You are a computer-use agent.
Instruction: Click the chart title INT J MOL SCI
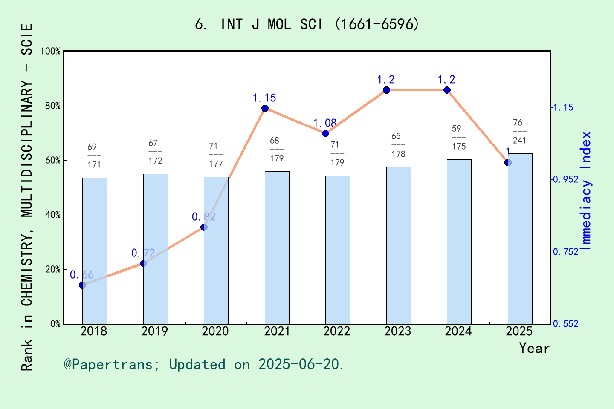coord(307,24)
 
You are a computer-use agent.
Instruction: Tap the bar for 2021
coord(277,248)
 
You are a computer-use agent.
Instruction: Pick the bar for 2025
coord(520,239)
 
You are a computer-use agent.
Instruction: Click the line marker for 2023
coord(386,90)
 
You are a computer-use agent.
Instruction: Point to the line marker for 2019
coord(143,263)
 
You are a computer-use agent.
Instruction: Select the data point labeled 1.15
coord(265,108)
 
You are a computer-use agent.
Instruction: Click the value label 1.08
coord(325,123)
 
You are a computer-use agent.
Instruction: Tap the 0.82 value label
coord(203,217)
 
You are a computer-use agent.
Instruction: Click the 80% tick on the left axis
coord(53,106)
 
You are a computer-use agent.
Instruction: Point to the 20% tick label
coord(53,270)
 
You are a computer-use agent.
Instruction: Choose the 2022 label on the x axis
coord(337,331)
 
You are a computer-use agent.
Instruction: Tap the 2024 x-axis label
coord(458,331)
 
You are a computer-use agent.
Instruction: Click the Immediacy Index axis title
coord(586,191)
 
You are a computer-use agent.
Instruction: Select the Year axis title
coord(534,348)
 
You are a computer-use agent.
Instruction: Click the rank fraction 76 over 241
coord(519,131)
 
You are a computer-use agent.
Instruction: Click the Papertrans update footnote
coord(204,364)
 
